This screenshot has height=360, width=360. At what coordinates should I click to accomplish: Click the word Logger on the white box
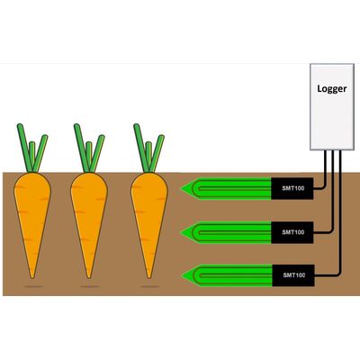coord(332,89)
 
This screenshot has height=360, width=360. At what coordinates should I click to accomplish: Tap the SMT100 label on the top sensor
coord(293,188)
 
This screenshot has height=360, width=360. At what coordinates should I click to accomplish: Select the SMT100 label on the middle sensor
coord(293,232)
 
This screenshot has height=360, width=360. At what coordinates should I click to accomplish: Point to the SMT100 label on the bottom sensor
coord(294,275)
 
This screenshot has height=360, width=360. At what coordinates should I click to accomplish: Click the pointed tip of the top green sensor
coord(181,189)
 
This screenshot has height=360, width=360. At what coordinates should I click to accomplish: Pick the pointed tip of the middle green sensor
coord(181,232)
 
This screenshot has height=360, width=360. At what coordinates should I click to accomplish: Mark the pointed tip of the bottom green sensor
coord(182,275)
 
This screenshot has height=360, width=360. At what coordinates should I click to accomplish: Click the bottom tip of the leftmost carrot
coord(32,278)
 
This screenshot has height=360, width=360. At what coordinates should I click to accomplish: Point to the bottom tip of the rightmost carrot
coord(149,278)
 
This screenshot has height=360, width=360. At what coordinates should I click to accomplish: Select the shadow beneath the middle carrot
coord(90,287)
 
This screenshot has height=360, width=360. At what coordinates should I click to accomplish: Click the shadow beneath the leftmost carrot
coord(33,287)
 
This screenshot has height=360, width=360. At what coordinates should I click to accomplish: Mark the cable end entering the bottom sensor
coord(315,274)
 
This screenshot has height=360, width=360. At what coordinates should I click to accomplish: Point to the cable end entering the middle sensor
coord(314,232)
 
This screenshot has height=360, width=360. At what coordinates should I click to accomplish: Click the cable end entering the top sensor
coord(314,188)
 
